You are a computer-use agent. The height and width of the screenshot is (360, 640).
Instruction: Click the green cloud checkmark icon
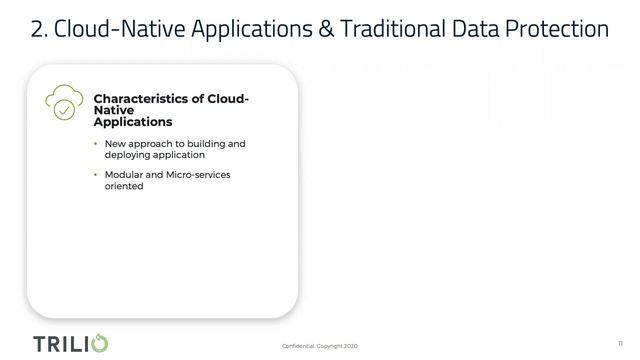pyautogui.click(x=63, y=103)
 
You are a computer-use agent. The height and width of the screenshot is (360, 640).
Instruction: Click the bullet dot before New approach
pyautogui.click(x=96, y=144)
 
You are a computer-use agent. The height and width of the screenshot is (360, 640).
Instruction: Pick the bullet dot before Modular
pyautogui.click(x=96, y=175)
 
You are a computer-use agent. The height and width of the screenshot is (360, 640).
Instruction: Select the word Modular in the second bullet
pyautogui.click(x=125, y=175)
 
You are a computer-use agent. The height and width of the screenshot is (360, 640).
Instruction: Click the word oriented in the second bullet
pyautogui.click(x=125, y=186)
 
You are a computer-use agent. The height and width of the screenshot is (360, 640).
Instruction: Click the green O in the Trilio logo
pyautogui.click(x=99, y=343)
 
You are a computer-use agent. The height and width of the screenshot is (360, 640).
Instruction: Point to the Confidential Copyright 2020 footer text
pyautogui.click(x=319, y=346)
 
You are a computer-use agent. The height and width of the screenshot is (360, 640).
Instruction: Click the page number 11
pyautogui.click(x=619, y=342)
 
